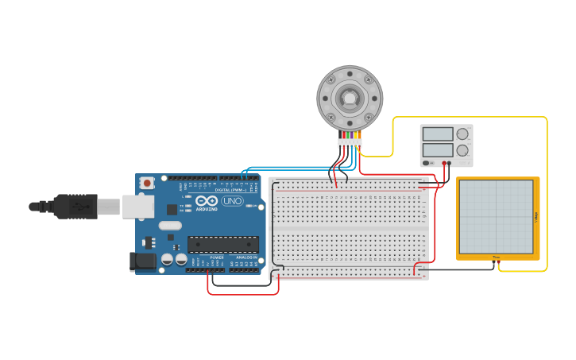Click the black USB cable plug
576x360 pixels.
(75, 206)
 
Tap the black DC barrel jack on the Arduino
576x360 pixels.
(143, 260)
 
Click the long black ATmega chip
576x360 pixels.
(222, 245)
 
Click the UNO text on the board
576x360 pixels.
(232, 201)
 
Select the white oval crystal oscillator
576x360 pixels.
(170, 226)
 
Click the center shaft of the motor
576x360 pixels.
(350, 98)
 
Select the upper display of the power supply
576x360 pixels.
(438, 134)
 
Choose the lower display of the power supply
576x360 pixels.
(438, 149)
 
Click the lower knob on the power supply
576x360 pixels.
(462, 150)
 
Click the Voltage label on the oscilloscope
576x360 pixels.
(536, 217)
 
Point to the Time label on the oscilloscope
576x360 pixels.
(497, 257)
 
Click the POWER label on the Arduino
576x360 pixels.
(217, 257)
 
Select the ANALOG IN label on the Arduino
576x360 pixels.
(245, 257)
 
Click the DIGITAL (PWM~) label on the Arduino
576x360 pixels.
(229, 189)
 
